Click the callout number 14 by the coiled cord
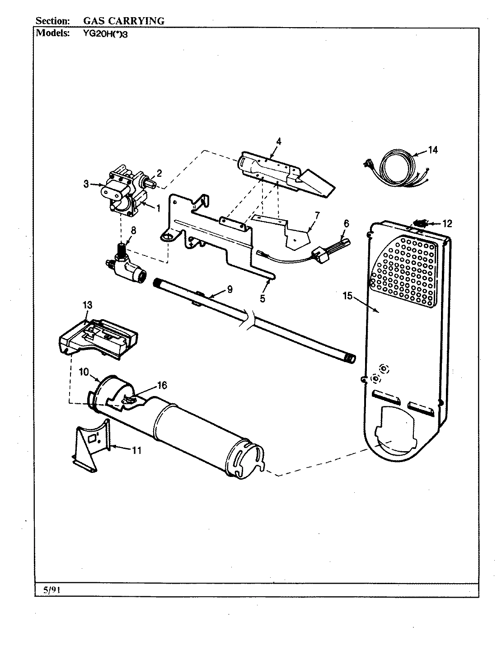tap(432, 150)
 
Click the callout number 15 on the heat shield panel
tap(347, 296)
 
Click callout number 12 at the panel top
tap(447, 223)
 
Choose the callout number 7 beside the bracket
tap(316, 215)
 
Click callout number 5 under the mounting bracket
tap(263, 298)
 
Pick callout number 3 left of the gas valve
tap(85, 184)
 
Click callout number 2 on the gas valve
tap(159, 173)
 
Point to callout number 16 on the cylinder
tap(161, 385)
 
